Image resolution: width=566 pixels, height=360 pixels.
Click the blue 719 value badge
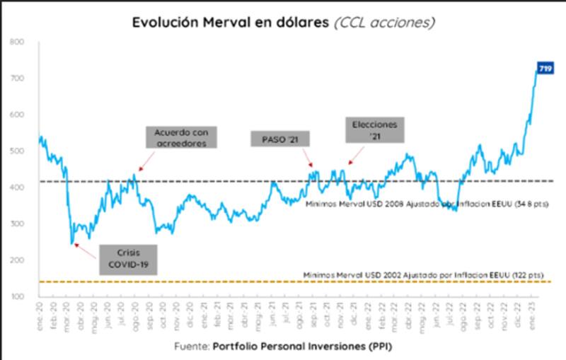(545, 68)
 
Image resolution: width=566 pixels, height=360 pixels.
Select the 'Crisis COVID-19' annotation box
(127, 259)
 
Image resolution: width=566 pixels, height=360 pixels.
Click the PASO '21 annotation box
(280, 139)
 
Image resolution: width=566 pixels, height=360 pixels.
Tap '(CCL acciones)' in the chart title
(384, 23)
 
